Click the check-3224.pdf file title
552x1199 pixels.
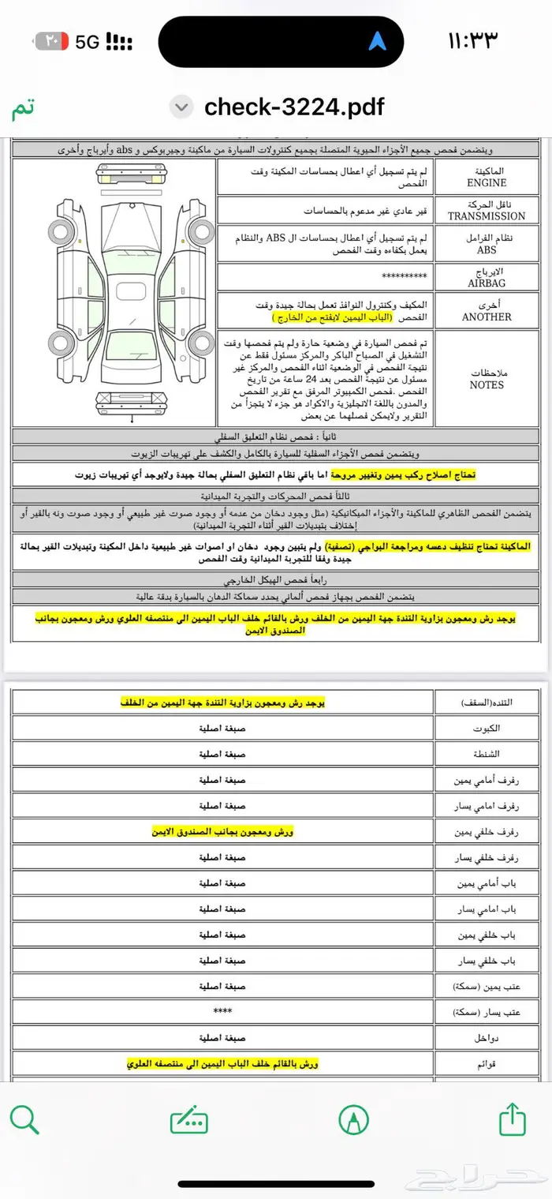(x=294, y=107)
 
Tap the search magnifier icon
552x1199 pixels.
(x=24, y=1118)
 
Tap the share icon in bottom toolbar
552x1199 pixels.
(x=513, y=1118)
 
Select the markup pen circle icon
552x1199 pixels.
(x=353, y=1118)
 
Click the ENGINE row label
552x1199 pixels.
(x=487, y=182)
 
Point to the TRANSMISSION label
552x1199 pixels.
(x=487, y=215)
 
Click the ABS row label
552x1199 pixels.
(x=487, y=249)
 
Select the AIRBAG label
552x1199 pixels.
(x=487, y=283)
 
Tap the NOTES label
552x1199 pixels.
(x=487, y=385)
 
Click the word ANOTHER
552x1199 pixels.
(x=487, y=317)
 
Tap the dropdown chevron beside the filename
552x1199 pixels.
(x=182, y=107)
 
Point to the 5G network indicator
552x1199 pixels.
(x=88, y=42)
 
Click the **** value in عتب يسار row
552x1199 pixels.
(x=222, y=1011)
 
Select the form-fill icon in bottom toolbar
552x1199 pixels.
(x=189, y=1118)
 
